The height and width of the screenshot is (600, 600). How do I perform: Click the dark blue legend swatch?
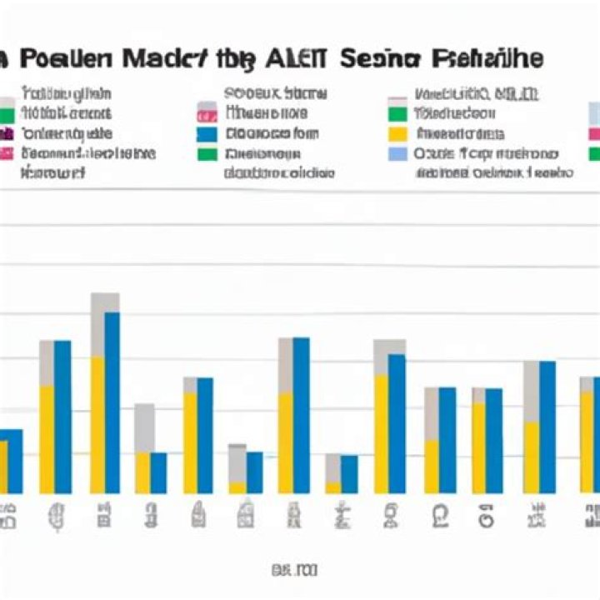tap(207, 133)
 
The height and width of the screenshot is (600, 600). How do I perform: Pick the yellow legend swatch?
tap(398, 133)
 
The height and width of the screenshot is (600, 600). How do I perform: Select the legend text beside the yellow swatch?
tap(460, 133)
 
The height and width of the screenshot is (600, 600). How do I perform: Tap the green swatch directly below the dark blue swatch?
tap(207, 154)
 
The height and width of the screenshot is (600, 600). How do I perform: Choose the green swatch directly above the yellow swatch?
tap(398, 113)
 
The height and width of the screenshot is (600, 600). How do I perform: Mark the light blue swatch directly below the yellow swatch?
tap(398, 154)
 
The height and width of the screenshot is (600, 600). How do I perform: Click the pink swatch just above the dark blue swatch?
tap(207, 113)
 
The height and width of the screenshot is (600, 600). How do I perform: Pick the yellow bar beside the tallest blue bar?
tap(97, 425)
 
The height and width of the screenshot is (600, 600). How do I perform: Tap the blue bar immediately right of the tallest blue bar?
tap(158, 472)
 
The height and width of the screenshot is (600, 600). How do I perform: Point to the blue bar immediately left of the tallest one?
tap(62, 417)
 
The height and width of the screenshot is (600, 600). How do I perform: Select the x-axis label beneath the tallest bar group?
tap(105, 515)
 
